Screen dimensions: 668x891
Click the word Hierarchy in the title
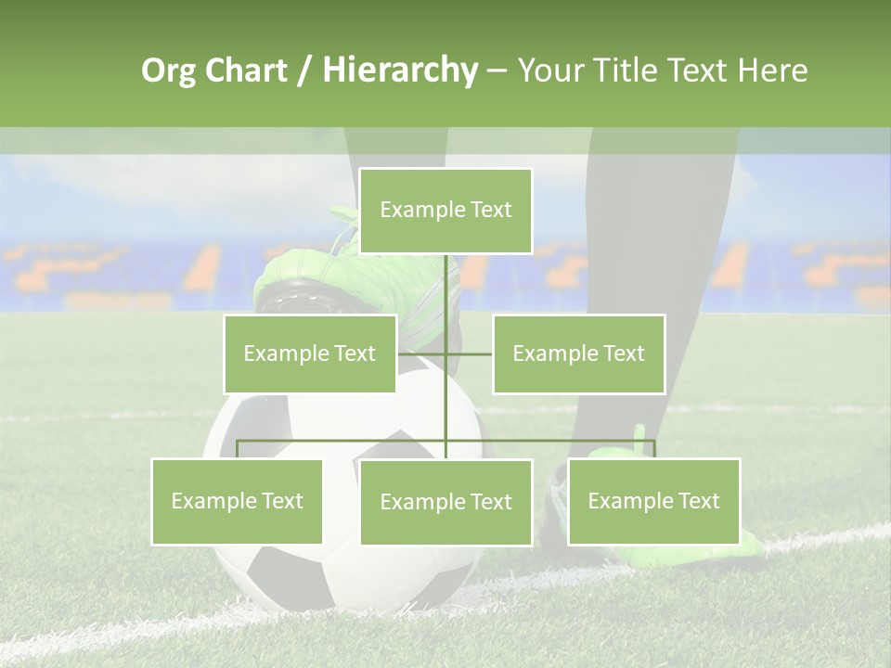coord(399,71)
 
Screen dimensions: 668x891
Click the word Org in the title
coord(167,71)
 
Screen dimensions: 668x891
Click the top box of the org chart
coord(445,211)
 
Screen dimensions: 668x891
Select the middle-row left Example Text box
coord(309,353)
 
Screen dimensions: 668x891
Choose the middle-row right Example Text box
coord(578,353)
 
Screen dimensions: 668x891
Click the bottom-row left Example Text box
coord(237,501)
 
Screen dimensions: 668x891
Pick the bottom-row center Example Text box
coord(445,502)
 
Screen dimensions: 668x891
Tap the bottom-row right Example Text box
coord(653,501)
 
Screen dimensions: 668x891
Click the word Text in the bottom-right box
coord(697,501)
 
